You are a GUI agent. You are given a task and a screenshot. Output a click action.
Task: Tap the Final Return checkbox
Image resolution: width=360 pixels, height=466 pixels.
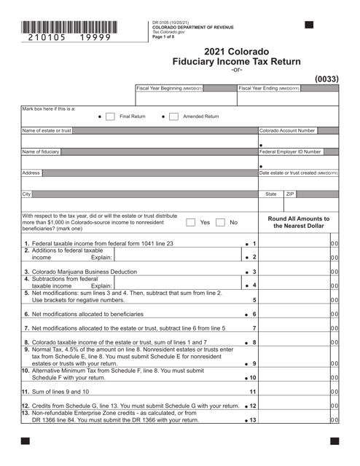[109, 116]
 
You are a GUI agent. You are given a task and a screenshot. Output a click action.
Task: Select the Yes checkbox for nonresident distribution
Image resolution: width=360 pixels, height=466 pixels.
[191, 223]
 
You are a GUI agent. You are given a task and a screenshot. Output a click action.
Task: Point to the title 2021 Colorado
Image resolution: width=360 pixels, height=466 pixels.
[236, 52]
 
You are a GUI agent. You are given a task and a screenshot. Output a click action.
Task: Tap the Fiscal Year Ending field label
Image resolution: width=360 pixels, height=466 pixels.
[268, 89]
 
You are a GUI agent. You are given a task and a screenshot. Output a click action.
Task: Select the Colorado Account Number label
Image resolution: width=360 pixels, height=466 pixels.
[288, 130]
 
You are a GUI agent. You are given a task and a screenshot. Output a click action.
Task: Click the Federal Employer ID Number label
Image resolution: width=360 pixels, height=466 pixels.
[290, 151]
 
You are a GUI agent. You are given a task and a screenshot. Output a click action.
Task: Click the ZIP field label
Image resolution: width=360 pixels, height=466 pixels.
[290, 194]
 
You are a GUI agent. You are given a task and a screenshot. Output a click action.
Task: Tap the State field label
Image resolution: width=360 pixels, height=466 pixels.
[270, 194]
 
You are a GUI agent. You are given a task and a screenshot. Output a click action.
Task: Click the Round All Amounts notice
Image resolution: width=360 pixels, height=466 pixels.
[299, 223]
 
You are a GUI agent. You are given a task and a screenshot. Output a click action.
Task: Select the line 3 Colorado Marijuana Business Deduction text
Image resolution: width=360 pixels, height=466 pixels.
[81, 272]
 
